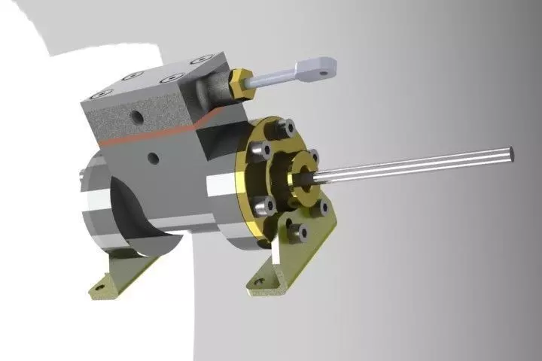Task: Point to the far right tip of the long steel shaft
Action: [512, 153]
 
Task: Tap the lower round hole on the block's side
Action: [154, 158]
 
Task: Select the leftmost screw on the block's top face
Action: [100, 95]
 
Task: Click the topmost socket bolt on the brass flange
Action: [287, 129]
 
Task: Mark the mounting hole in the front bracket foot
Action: [260, 284]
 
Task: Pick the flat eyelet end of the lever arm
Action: [315, 69]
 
